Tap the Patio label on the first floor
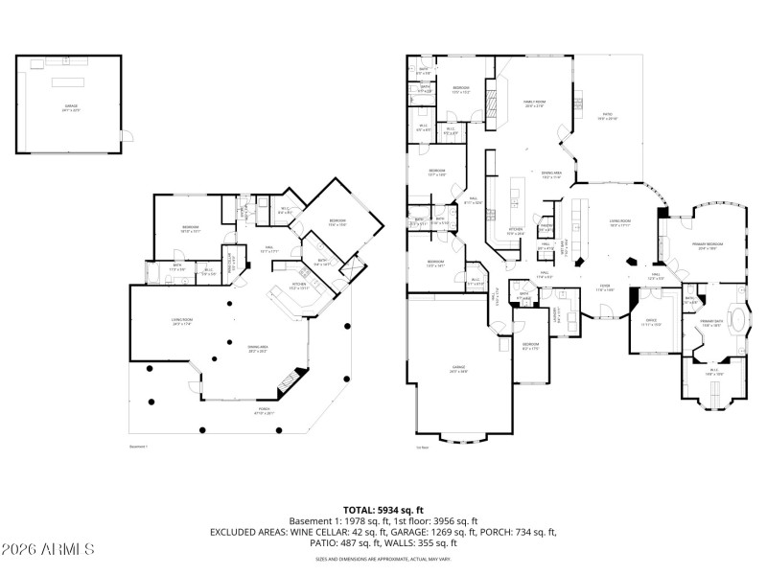[608, 119]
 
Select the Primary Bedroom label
[707, 245]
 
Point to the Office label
[651, 322]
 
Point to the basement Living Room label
[183, 322]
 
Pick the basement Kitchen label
[298, 286]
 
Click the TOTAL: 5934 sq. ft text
[383, 510]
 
